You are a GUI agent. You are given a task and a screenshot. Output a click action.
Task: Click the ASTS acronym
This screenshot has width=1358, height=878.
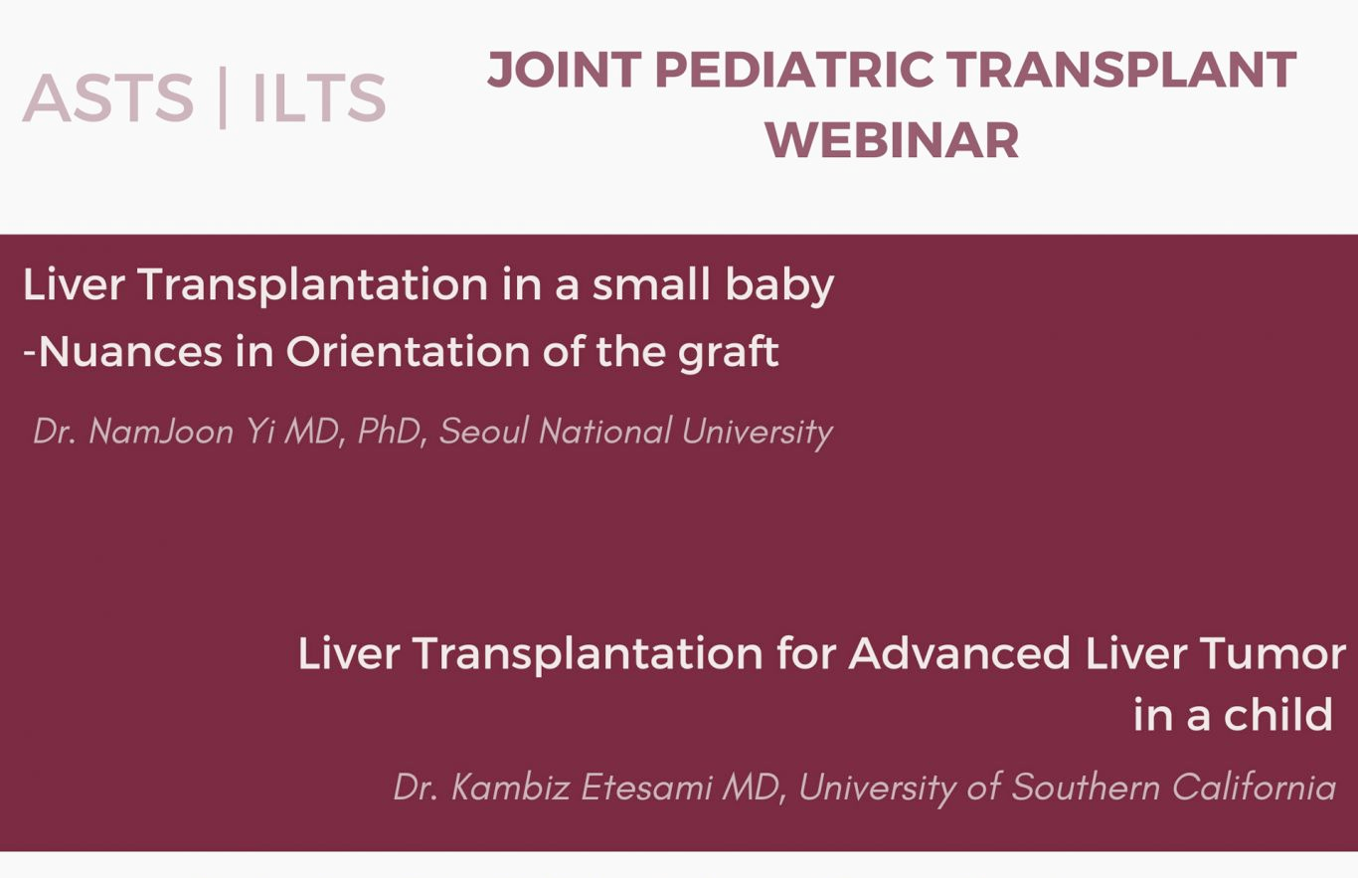click(x=108, y=97)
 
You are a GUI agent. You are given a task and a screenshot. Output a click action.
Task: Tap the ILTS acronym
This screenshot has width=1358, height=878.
click(x=319, y=97)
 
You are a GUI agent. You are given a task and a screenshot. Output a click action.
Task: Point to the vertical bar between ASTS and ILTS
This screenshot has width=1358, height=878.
click(x=223, y=97)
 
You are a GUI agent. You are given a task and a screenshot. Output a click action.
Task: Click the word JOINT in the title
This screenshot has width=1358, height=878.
click(x=565, y=70)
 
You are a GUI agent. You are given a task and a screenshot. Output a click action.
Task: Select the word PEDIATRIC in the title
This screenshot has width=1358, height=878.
click(x=794, y=70)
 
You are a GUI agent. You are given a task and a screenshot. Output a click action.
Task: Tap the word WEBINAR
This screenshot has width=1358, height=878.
click(x=892, y=140)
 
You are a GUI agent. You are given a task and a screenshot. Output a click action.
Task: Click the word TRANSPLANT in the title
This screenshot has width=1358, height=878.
click(x=1122, y=70)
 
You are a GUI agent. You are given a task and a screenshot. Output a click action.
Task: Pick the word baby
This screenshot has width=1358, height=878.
click(x=779, y=284)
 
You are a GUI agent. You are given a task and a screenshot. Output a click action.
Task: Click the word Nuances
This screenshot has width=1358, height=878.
click(x=131, y=352)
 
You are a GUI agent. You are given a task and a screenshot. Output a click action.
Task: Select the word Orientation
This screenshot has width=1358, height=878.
click(x=409, y=352)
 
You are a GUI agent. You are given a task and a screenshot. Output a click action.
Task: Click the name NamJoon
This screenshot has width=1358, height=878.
click(x=161, y=432)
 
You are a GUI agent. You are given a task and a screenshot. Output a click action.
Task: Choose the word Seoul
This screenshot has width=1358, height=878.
click(x=484, y=432)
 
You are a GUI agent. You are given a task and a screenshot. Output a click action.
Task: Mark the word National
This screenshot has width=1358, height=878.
click(x=605, y=432)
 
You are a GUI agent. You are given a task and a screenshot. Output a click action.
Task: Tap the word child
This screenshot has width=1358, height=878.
click(x=1277, y=714)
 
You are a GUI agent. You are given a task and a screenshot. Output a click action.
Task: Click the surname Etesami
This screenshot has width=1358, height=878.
click(x=646, y=788)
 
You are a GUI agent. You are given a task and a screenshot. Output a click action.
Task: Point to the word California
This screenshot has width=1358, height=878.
click(x=1254, y=788)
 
